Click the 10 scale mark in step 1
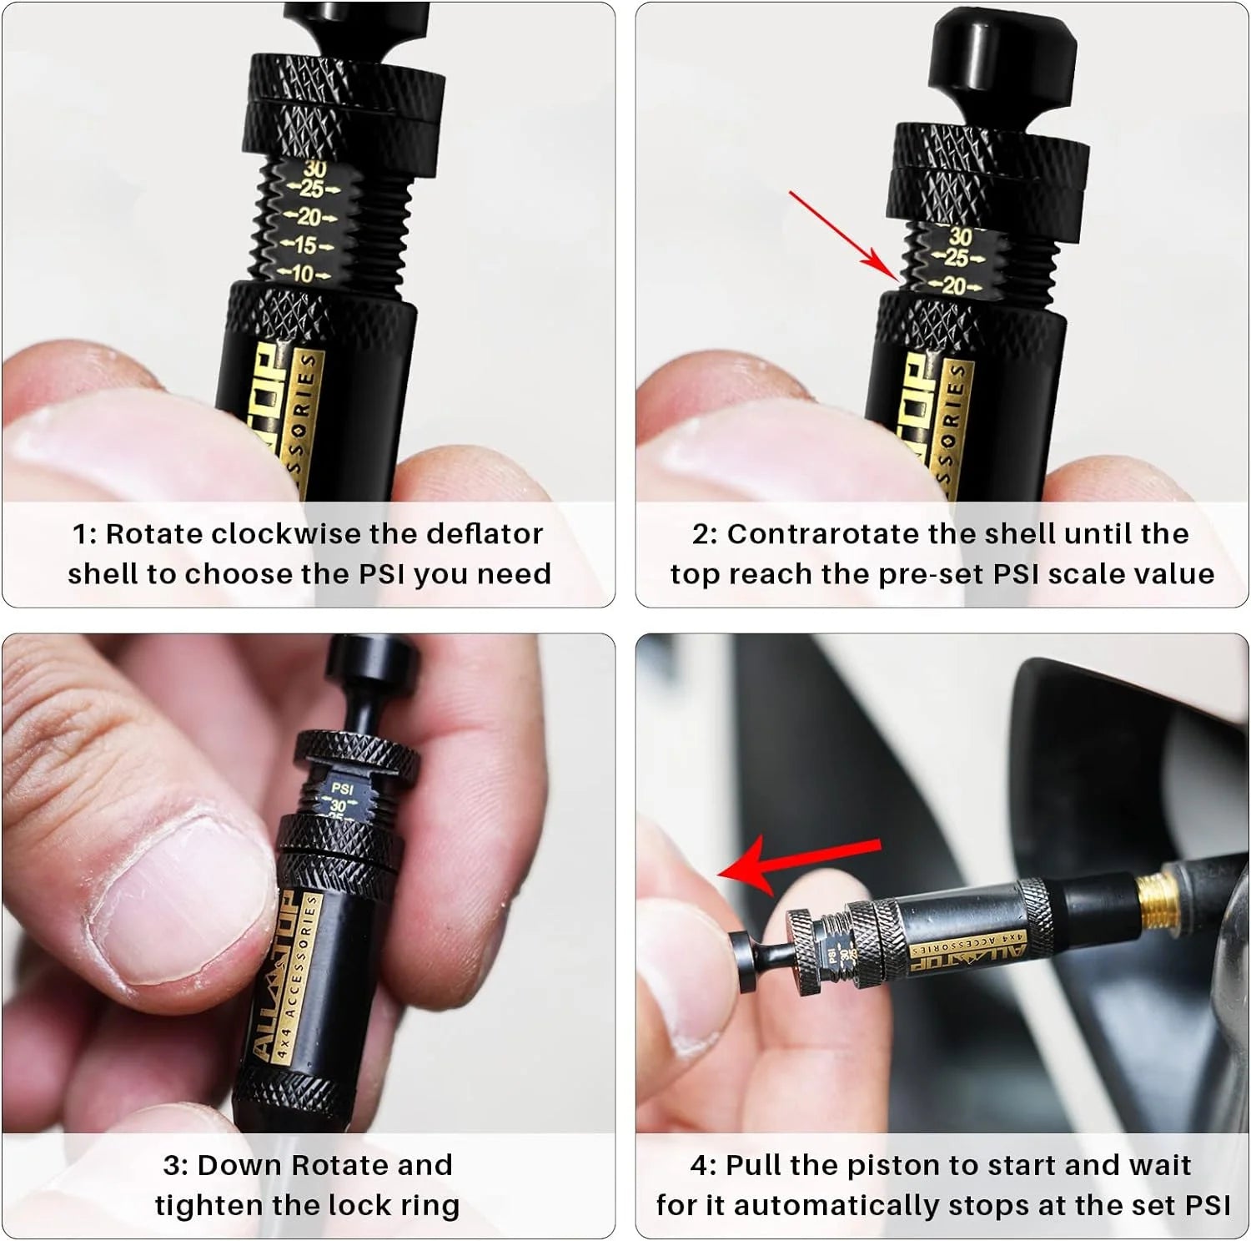pos(302,274)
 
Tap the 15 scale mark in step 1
pos(306,246)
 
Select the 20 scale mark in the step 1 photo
pos(309,218)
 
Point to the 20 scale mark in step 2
pos(953,286)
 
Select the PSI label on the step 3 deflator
pos(342,788)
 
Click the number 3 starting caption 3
pos(171,1166)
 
